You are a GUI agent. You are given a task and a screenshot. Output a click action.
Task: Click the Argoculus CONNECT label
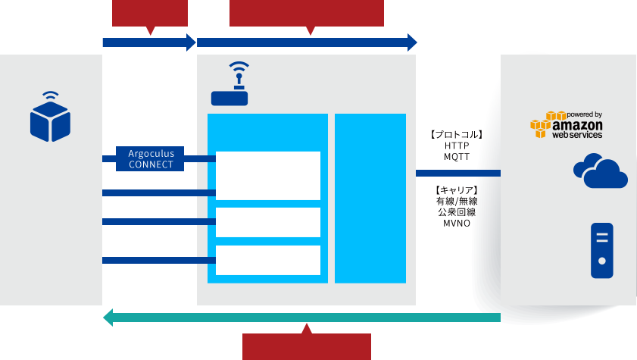coord(151,158)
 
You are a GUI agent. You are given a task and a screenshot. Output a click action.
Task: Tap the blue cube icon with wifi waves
coord(50,117)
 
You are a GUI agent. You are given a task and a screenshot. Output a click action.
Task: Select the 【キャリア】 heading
coord(456,189)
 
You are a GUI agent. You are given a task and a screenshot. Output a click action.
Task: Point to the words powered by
coord(584,114)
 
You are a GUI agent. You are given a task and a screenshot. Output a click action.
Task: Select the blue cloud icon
coord(601,171)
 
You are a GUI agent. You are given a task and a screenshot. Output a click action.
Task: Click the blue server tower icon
coord(602,250)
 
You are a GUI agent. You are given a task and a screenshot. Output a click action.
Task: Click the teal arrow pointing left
coord(303,317)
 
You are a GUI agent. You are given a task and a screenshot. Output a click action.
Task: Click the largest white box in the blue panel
coord(268,175)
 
